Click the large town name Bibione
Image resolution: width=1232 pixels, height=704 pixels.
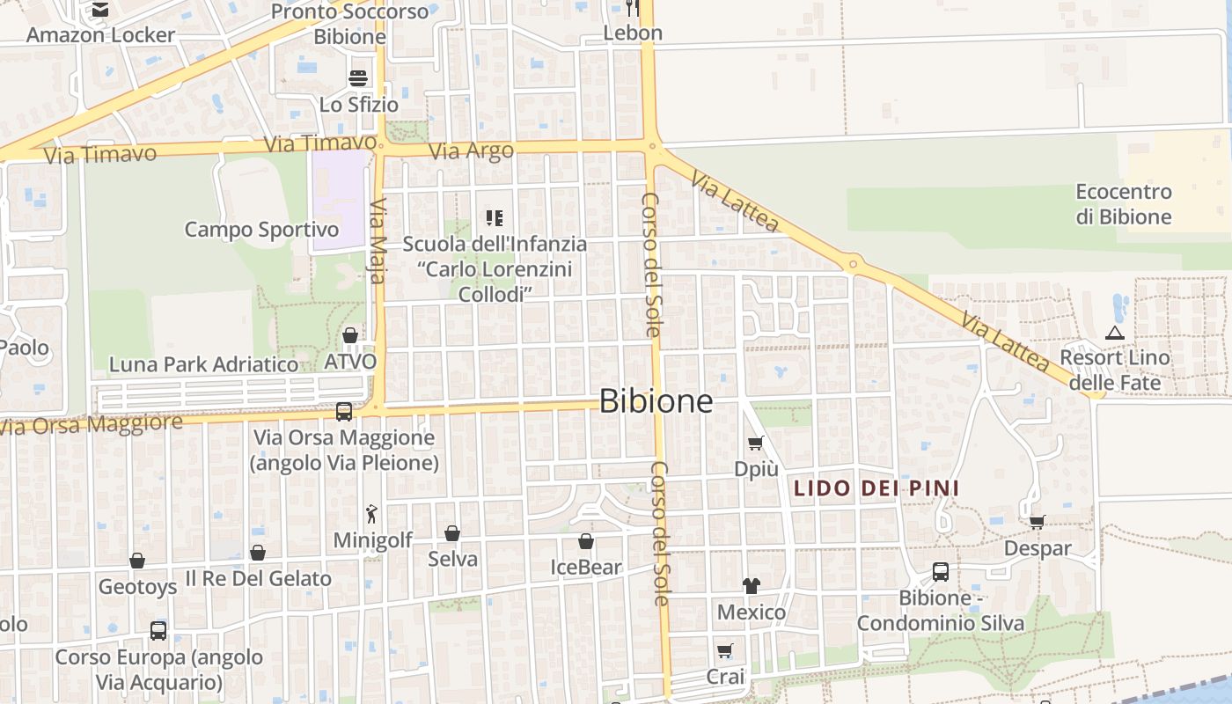656,401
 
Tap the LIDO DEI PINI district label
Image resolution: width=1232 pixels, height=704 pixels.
876,488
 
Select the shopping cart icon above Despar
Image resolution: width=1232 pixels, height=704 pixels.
1038,522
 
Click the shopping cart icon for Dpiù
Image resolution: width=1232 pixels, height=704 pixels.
755,444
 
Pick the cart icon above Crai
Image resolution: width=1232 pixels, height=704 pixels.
724,651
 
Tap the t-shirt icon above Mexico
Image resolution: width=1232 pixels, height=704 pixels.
751,585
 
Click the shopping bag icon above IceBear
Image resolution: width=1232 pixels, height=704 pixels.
585,541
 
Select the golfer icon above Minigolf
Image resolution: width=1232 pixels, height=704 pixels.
372,513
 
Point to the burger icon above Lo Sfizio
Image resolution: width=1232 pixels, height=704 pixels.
358,78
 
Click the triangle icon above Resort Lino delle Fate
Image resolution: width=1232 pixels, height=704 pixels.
1115,333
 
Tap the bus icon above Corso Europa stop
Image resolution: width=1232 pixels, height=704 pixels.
158,631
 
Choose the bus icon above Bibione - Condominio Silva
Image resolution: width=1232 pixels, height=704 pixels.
940,572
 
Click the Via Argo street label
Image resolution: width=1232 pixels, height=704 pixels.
472,151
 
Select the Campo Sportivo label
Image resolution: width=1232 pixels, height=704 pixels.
261,230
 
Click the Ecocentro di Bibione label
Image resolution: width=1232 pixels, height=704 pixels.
1124,204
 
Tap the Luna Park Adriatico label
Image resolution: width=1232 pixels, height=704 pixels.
203,364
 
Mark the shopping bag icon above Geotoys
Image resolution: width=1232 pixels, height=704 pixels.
137,561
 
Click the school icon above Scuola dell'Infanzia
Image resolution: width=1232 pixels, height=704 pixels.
494,217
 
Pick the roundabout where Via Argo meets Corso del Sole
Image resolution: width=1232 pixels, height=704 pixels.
652,147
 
